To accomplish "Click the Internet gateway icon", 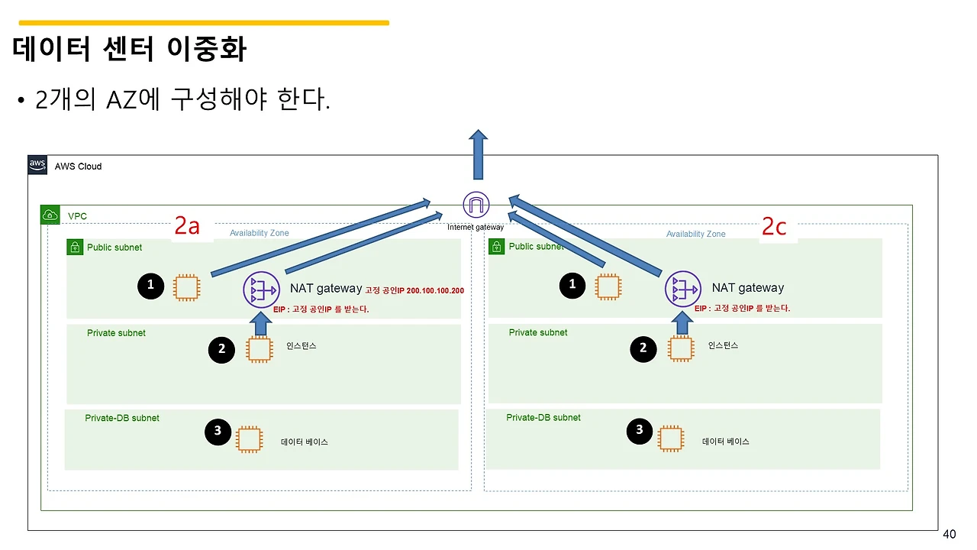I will (476, 205).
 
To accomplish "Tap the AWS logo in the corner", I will (37, 165).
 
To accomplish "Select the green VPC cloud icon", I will (50, 215).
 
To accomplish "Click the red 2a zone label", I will (187, 226).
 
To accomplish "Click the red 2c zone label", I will (774, 227).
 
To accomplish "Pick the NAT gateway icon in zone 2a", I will (261, 290).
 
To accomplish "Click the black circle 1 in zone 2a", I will (150, 285).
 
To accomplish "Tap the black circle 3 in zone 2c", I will (640, 430).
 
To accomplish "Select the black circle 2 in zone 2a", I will (221, 350).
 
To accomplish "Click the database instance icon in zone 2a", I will (249, 439).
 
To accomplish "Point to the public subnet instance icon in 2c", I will (607, 287).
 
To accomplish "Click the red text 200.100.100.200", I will (435, 291).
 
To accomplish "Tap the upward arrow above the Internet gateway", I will (478, 154).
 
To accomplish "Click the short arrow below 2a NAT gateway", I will (261, 324).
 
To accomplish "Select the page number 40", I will (950, 534).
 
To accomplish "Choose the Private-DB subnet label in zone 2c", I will (543, 418).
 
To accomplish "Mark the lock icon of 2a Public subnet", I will (75, 247).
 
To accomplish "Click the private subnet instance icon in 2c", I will (681, 348).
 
